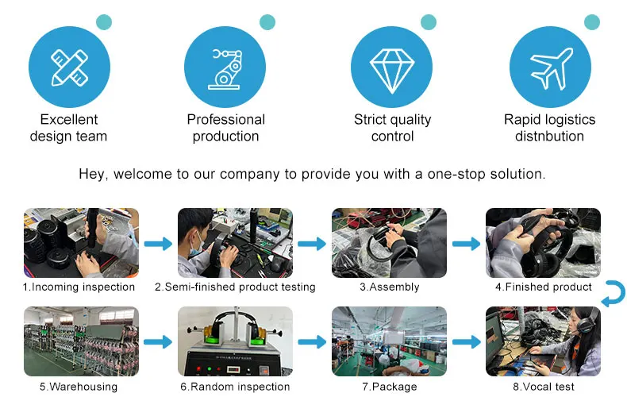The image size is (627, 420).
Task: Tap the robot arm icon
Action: pos(225,67)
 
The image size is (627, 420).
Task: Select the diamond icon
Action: pos(392,67)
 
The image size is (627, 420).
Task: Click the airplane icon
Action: pos(549,67)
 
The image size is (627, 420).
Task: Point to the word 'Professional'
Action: pos(225,120)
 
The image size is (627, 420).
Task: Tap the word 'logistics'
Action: pos(566,120)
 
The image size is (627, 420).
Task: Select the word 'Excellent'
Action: pos(69,120)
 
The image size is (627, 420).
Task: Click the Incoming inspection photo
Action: pos(81,243)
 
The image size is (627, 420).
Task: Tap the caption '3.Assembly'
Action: pos(389,287)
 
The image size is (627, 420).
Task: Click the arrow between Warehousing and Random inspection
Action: pos(157,342)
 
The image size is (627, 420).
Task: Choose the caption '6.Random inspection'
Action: pos(234,387)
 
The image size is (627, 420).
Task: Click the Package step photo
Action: pos(389,341)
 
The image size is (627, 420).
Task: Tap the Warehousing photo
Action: pos(81,341)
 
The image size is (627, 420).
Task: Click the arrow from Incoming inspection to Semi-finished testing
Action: pos(157,244)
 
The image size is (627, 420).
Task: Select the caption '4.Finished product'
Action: pos(543,287)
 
